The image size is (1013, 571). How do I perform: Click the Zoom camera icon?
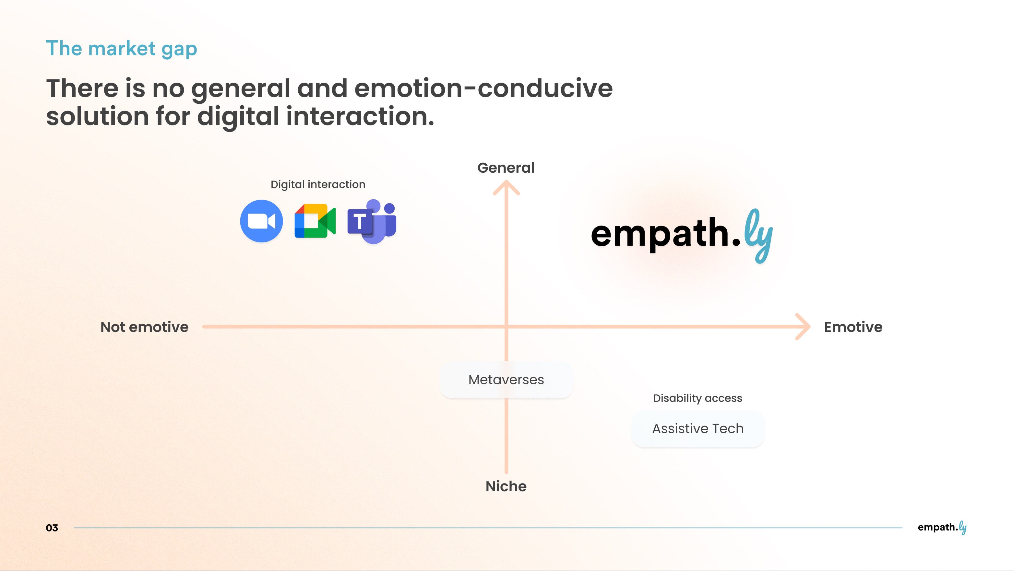(261, 221)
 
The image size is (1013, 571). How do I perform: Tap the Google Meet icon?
(315, 221)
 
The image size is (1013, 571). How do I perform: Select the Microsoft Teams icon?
(372, 222)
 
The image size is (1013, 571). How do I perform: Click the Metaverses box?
(506, 379)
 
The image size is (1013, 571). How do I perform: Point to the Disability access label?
(697, 398)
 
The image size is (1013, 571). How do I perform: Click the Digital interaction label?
(318, 184)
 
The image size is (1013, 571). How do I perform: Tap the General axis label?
(506, 168)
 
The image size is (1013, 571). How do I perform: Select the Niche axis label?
(506, 486)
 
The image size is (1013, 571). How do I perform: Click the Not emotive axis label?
(144, 327)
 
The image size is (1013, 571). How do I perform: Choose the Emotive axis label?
(853, 327)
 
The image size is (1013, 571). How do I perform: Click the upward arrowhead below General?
(506, 187)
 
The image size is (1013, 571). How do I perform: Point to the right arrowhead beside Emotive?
(804, 327)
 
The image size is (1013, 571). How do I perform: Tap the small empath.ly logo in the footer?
(942, 527)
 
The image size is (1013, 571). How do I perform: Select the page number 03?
(52, 528)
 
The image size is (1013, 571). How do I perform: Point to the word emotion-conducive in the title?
(483, 88)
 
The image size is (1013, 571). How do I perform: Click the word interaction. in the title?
(360, 116)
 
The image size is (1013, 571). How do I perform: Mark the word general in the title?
(240, 89)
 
